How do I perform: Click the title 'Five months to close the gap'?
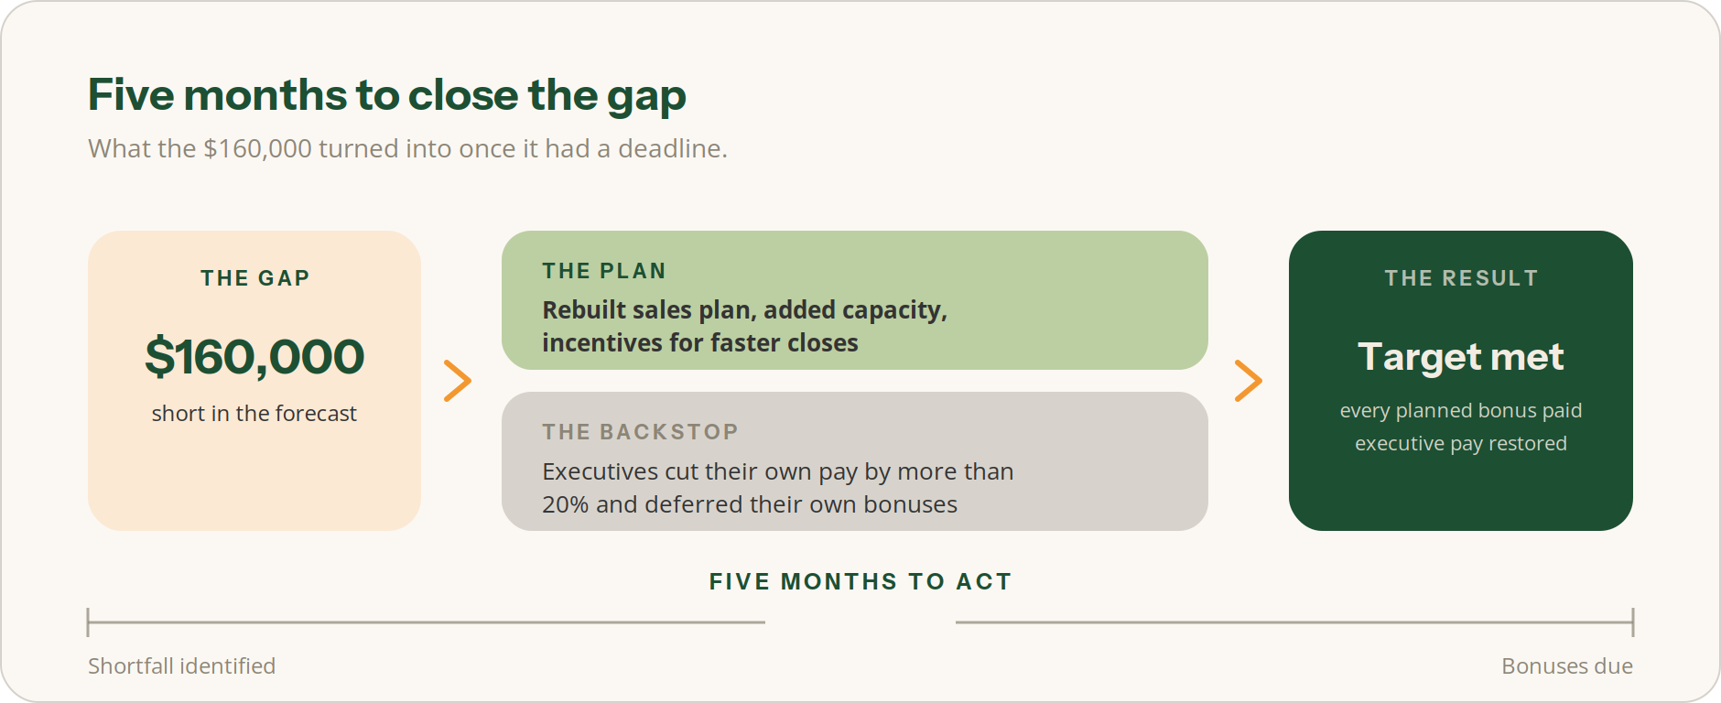click(386, 96)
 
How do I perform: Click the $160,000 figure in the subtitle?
click(257, 148)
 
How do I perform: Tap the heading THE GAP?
click(254, 278)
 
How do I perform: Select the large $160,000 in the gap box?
click(254, 357)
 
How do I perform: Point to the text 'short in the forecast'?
click(254, 414)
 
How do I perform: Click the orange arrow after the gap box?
click(458, 381)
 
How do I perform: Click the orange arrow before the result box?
click(1249, 381)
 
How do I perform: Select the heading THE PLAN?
click(604, 271)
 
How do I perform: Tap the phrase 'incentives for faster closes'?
click(700, 343)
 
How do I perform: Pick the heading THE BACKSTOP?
click(640, 432)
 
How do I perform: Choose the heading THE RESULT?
click(1461, 278)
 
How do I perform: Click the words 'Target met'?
click(1461, 357)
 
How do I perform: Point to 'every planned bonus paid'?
click(1461, 410)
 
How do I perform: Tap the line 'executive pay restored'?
click(1461, 443)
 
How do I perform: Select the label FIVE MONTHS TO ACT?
click(860, 582)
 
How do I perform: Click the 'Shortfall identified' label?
click(181, 666)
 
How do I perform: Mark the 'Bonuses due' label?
click(1567, 666)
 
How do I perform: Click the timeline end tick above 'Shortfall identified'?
click(88, 622)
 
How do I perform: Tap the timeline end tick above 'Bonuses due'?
click(1633, 622)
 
